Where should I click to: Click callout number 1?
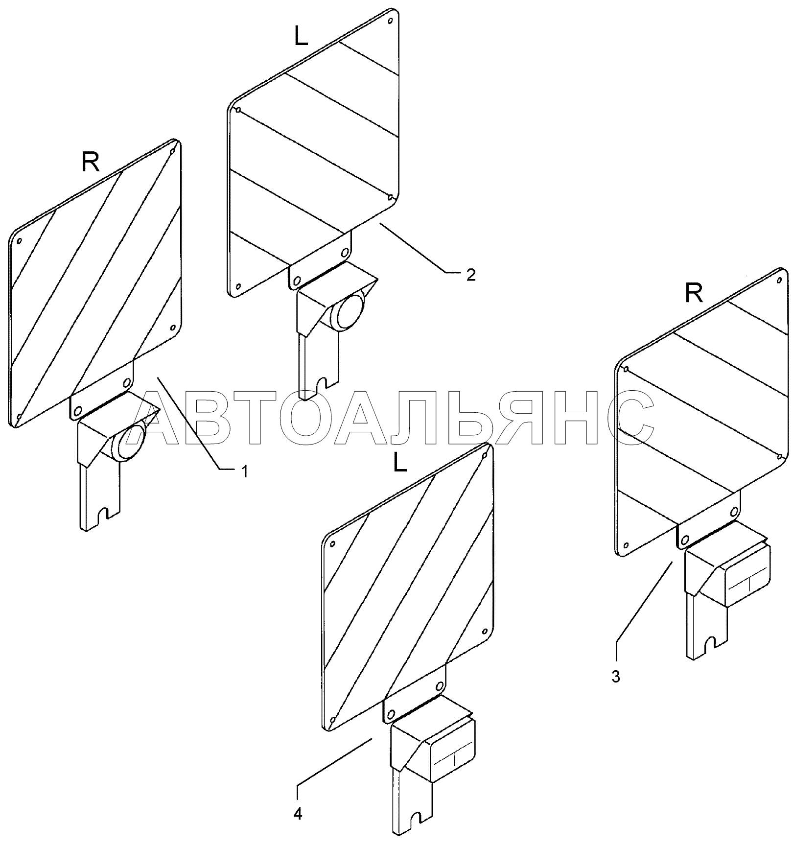tap(243, 471)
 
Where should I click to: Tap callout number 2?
tap(470, 275)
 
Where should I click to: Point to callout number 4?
tap(298, 815)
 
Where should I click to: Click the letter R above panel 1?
tap(91, 163)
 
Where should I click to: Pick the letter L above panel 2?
tap(302, 36)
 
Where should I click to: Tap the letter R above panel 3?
tap(694, 294)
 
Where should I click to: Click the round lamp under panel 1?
tap(129, 442)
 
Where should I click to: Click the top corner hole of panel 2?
tap(390, 21)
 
